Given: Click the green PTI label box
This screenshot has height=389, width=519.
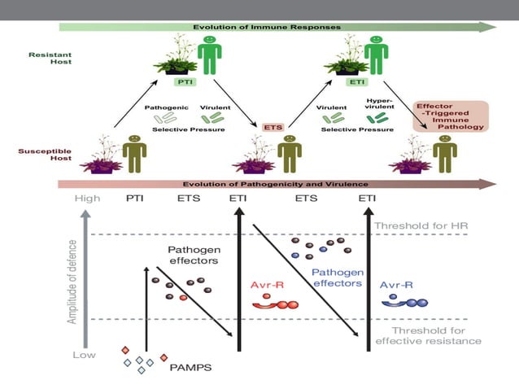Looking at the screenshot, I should pos(183,81).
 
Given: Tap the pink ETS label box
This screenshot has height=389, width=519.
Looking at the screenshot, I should pos(273,127).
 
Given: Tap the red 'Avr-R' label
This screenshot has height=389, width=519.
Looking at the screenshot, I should pos(264,285).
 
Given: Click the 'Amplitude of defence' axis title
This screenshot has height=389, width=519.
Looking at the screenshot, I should pos(72,276).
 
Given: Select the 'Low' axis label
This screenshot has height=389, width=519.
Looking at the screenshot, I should pos(84,355).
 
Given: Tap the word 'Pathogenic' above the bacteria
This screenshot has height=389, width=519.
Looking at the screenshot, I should pos(167,107).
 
